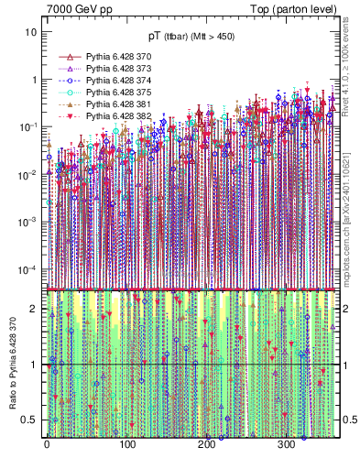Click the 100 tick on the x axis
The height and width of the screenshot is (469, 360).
[126, 444]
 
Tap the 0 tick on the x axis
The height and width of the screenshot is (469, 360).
[47, 444]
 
